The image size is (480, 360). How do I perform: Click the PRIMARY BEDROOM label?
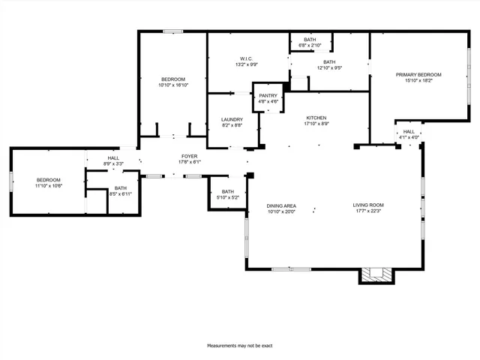coord(418,75)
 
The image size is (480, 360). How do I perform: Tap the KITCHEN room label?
coord(316,118)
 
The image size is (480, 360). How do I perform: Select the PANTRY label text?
coord(268,96)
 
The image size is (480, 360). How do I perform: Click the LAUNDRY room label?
coord(232,120)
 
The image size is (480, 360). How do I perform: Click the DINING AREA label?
coord(281,205)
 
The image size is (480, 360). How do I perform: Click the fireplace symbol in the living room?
coord(376,275)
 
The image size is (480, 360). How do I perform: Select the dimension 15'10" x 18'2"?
coord(418,81)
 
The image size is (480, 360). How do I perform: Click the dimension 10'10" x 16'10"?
coord(172,85)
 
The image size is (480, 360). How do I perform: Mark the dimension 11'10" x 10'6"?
coord(48,186)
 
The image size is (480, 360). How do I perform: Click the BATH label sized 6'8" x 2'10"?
coord(310,40)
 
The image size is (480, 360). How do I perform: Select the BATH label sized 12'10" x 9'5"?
coord(329,63)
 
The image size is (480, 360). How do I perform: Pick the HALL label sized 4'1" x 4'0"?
coord(409,132)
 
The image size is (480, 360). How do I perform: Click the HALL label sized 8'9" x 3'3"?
coord(113,158)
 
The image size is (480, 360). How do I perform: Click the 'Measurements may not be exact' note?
coord(240,346)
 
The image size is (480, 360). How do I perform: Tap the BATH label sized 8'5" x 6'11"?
coord(121,188)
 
